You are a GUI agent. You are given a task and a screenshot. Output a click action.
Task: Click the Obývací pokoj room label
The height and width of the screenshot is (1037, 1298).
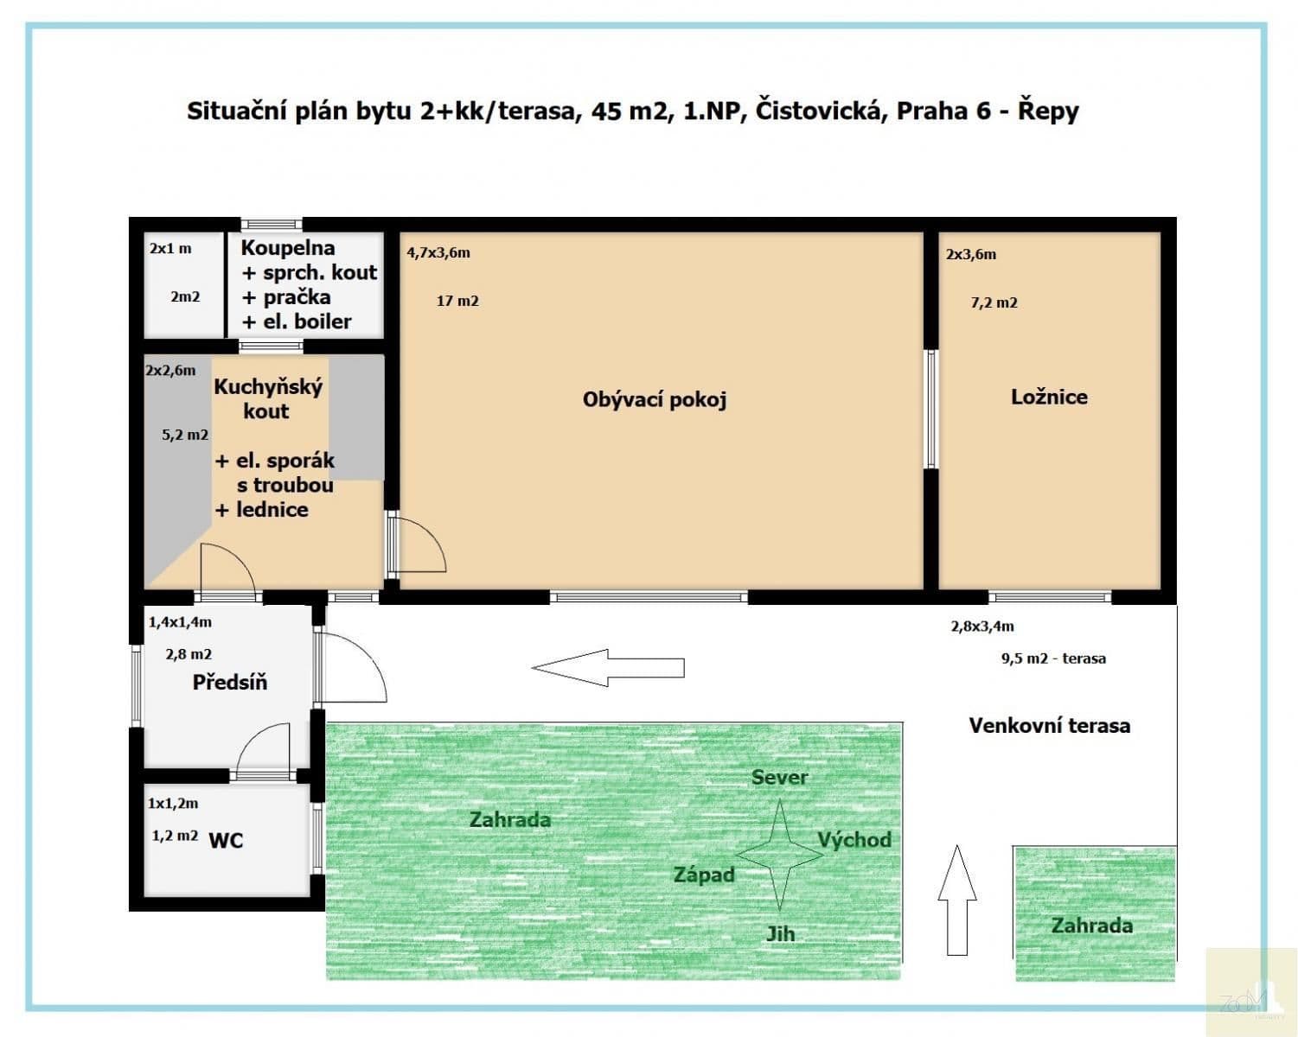655,400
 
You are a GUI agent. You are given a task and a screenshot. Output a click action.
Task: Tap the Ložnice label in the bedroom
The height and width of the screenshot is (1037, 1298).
1049,397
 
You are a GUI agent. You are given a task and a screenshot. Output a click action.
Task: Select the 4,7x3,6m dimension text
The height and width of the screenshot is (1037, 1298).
438,252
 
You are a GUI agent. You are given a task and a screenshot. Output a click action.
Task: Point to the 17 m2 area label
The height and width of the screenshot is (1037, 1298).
457,300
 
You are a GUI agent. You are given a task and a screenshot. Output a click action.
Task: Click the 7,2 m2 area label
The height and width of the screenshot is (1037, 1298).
994,302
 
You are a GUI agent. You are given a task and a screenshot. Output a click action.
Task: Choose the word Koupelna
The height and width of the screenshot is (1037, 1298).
288,248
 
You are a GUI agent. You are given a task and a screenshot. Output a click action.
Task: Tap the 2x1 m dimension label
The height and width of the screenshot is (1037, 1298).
170,248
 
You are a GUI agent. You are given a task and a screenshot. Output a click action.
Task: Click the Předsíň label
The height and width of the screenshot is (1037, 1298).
229,681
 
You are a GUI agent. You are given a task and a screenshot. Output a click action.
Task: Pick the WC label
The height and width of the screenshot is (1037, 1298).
226,840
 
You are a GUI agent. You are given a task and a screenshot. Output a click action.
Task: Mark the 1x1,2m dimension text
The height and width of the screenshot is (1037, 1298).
173,803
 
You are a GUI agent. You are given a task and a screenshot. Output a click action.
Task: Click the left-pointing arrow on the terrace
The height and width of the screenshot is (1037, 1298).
608,667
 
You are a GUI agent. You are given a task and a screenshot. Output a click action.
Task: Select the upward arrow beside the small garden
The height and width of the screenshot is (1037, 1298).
956,900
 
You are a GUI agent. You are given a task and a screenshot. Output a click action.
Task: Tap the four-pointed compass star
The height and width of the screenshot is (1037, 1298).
780,855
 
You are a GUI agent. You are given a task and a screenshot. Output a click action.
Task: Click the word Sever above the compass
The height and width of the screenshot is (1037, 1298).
779,777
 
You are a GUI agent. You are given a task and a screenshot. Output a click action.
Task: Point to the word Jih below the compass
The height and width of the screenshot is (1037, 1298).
781,934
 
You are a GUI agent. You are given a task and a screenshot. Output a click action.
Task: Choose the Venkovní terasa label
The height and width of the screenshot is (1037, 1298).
1050,725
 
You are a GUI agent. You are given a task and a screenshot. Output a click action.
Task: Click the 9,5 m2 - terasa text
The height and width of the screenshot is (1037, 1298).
1054,658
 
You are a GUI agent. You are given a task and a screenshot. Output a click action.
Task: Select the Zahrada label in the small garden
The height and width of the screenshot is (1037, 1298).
1091,926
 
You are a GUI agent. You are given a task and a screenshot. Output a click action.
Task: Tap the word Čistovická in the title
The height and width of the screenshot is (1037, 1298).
821,111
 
